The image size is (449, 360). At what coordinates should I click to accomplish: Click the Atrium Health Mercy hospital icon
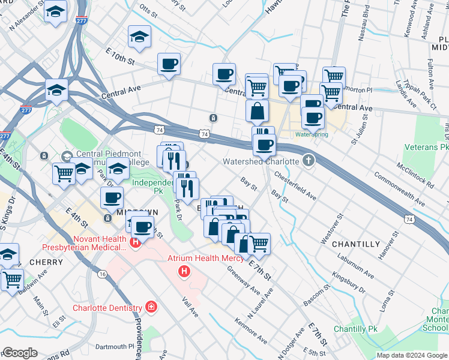(x=184, y=272)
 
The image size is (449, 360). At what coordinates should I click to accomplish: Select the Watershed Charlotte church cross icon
(x=309, y=160)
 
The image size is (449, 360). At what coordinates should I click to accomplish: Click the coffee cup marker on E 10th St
(x=169, y=64)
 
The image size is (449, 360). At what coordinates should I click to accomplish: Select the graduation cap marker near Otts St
(x=139, y=37)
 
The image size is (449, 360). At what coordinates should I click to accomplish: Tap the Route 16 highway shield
(x=103, y=274)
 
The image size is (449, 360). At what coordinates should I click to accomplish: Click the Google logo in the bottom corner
(x=20, y=353)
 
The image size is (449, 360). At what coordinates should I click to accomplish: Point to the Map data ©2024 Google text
(x=411, y=355)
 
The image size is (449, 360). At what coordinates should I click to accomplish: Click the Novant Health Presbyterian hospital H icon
(x=136, y=243)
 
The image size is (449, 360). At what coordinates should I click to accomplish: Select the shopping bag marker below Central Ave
(x=257, y=112)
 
